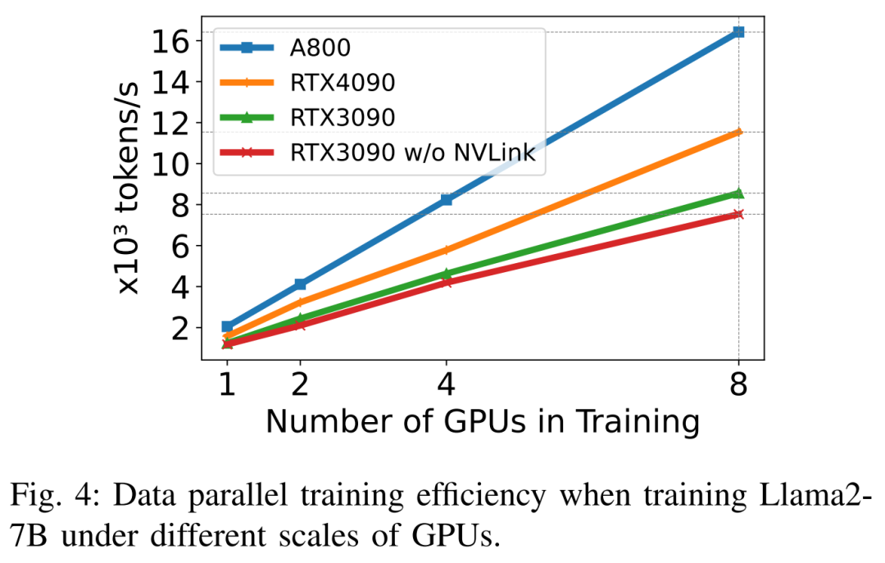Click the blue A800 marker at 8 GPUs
pos(738,32)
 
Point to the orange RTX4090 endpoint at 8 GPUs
pos(738,131)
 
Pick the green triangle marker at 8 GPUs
pos(738,193)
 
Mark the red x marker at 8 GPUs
pos(738,214)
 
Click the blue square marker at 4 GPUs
pos(446,199)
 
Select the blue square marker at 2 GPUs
pos(300,284)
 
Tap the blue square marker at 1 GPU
pos(227,326)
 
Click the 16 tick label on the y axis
pos(170,41)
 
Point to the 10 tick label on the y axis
pos(170,164)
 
